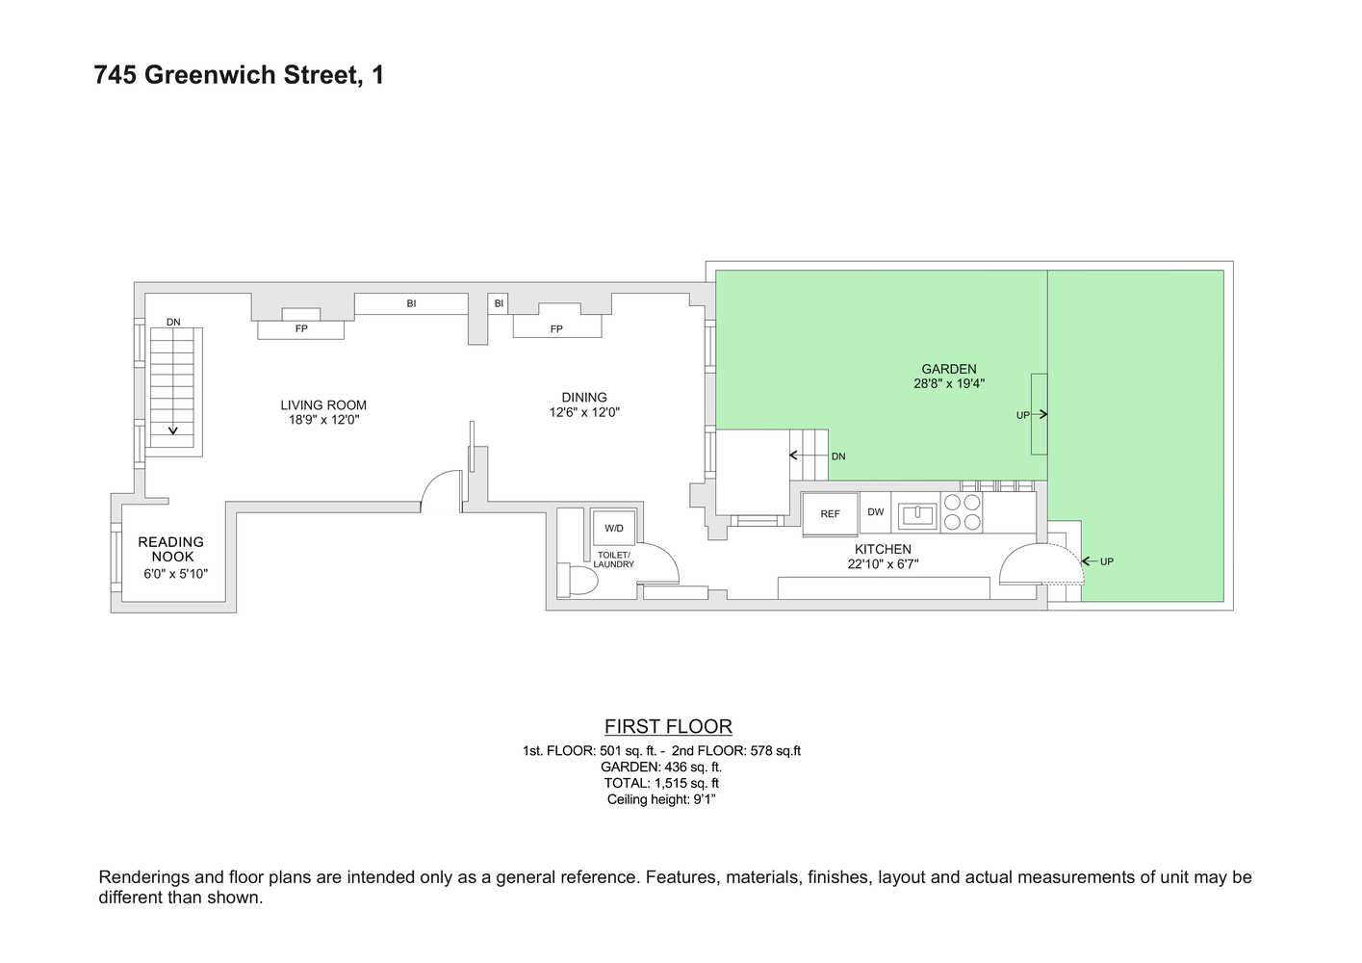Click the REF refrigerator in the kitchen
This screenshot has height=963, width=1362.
coord(830,514)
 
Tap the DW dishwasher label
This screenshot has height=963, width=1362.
coord(875,512)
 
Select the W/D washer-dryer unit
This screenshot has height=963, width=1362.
coord(614,529)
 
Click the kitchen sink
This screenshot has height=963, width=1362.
coord(917,515)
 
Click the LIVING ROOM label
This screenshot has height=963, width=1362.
coord(323,405)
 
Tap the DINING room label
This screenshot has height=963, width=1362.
coord(584,397)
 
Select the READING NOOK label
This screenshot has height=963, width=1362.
coord(171,549)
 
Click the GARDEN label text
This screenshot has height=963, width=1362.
coord(949,369)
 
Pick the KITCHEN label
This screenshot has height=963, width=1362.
coord(883,549)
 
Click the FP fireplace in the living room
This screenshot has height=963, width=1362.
coord(300,328)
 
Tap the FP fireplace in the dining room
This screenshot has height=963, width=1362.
coord(556,327)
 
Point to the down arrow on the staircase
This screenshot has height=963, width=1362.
coord(173,429)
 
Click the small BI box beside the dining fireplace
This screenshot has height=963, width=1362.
coord(499,303)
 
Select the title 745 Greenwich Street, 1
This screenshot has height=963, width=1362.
coord(239,75)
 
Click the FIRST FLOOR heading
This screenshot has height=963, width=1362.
coord(668,726)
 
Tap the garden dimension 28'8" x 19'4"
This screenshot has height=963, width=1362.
coord(949,383)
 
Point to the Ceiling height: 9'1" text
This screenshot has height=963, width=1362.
coord(661,799)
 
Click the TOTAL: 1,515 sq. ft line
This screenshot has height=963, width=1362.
coord(661,783)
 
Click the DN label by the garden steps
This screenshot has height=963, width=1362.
coord(838,456)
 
